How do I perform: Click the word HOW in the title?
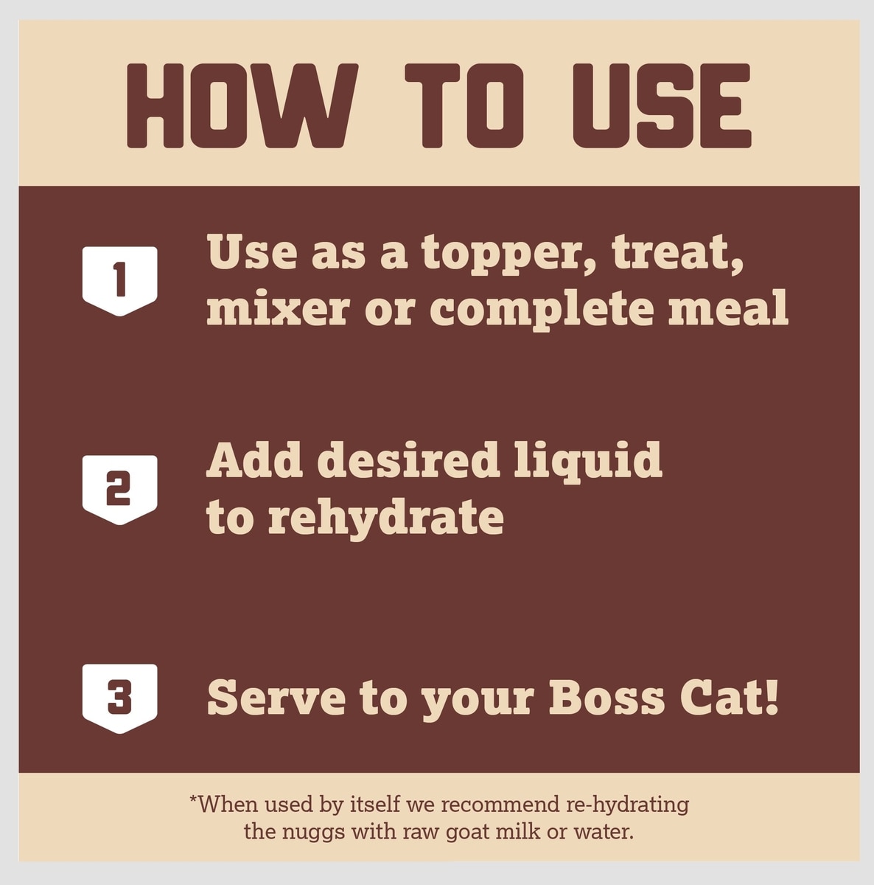click(242, 105)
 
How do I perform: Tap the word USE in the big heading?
click(662, 105)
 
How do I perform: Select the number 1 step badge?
click(120, 281)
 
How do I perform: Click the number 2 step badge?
click(120, 490)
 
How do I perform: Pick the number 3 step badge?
click(120, 698)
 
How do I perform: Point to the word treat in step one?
click(677, 254)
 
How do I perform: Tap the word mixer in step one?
click(278, 308)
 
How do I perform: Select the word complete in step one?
click(542, 309)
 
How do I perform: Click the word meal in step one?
click(728, 307)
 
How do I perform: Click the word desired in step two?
click(408, 460)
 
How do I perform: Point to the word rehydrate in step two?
click(386, 518)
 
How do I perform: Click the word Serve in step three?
click(276, 697)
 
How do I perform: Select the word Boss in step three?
click(607, 697)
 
